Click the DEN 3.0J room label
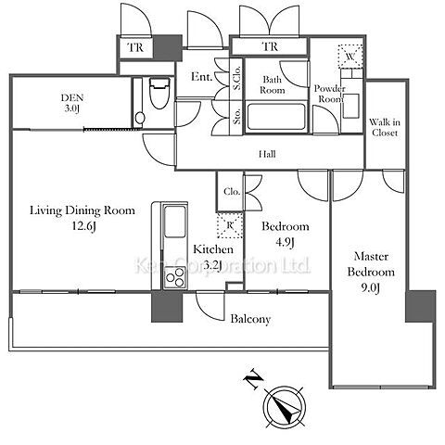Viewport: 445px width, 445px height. [72, 103]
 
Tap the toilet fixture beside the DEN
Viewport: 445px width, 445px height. [159, 93]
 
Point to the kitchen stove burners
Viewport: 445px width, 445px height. [174, 277]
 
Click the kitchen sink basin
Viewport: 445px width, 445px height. [175, 222]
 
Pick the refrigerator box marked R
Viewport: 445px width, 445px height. [230, 225]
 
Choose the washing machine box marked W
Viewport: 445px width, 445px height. [350, 57]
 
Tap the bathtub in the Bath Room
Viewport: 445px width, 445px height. [276, 117]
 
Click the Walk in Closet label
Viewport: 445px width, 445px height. [385, 127]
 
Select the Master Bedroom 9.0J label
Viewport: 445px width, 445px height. [371, 272]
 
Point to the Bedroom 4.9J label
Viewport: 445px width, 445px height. [286, 235]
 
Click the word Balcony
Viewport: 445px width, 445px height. [250, 319]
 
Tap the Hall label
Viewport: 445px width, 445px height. [267, 154]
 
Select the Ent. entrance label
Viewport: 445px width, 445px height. [202, 76]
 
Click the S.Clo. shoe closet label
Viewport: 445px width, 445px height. [237, 79]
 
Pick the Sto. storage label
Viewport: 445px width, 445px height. [237, 115]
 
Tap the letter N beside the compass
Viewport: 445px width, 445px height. [254, 378]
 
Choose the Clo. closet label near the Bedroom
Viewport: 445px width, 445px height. [232, 192]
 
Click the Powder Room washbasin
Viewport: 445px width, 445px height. [351, 106]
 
